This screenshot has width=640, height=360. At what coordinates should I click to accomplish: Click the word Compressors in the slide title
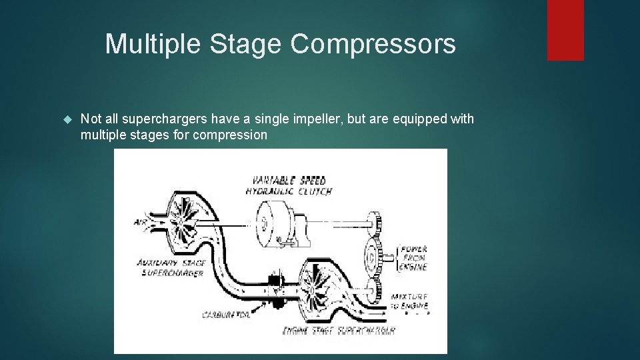tap(373, 45)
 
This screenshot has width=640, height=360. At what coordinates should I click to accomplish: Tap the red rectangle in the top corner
tap(565, 30)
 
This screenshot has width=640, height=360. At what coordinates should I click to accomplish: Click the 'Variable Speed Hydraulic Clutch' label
tap(289, 185)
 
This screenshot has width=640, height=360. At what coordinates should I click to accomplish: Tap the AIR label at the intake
tap(140, 223)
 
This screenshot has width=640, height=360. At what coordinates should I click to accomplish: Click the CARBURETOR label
tap(225, 314)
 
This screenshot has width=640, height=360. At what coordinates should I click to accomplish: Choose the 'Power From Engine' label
tap(413, 258)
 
